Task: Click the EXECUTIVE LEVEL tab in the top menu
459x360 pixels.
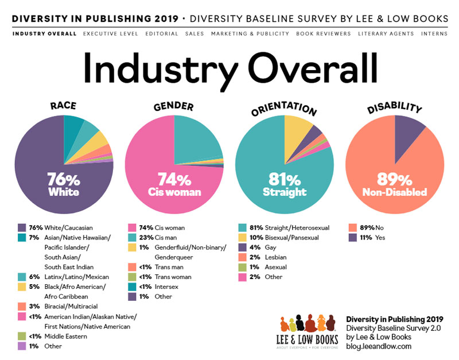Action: point(110,34)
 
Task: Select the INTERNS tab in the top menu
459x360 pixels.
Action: point(434,34)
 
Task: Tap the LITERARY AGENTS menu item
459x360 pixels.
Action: point(386,34)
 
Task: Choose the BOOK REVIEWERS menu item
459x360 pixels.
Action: point(323,34)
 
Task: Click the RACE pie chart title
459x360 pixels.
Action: point(63,106)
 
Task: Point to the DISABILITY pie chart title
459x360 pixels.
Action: point(395,107)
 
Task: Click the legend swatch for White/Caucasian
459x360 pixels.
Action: point(22,228)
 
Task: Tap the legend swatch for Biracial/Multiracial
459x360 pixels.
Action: point(22,307)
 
